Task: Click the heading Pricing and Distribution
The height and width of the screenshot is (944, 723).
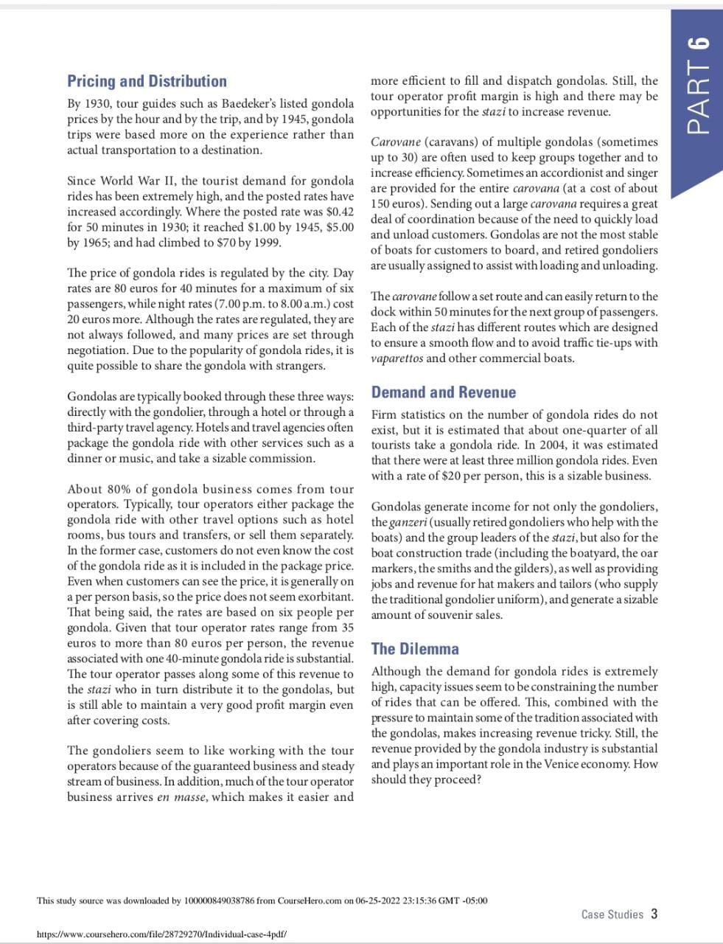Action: click(x=147, y=81)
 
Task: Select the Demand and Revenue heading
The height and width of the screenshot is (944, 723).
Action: click(x=443, y=392)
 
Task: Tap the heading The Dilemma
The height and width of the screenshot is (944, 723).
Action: click(x=415, y=649)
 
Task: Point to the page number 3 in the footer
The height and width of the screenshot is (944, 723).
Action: click(x=653, y=914)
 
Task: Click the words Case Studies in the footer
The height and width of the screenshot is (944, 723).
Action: click(x=612, y=914)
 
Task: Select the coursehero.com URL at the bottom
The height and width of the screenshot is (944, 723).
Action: click(x=161, y=934)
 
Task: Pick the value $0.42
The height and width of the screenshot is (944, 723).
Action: click(x=338, y=212)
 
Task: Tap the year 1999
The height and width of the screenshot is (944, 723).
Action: click(x=267, y=243)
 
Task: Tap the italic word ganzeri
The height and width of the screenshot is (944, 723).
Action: click(x=408, y=523)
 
